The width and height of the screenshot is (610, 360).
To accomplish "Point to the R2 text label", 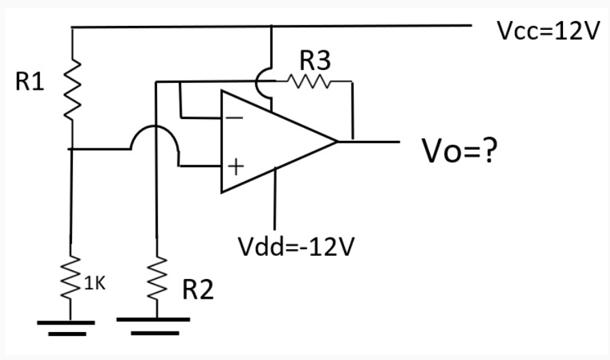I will (x=197, y=291).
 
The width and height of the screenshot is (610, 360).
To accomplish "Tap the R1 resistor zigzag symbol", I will (x=72, y=86).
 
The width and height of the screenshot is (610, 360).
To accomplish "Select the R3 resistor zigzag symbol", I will (x=309, y=82).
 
